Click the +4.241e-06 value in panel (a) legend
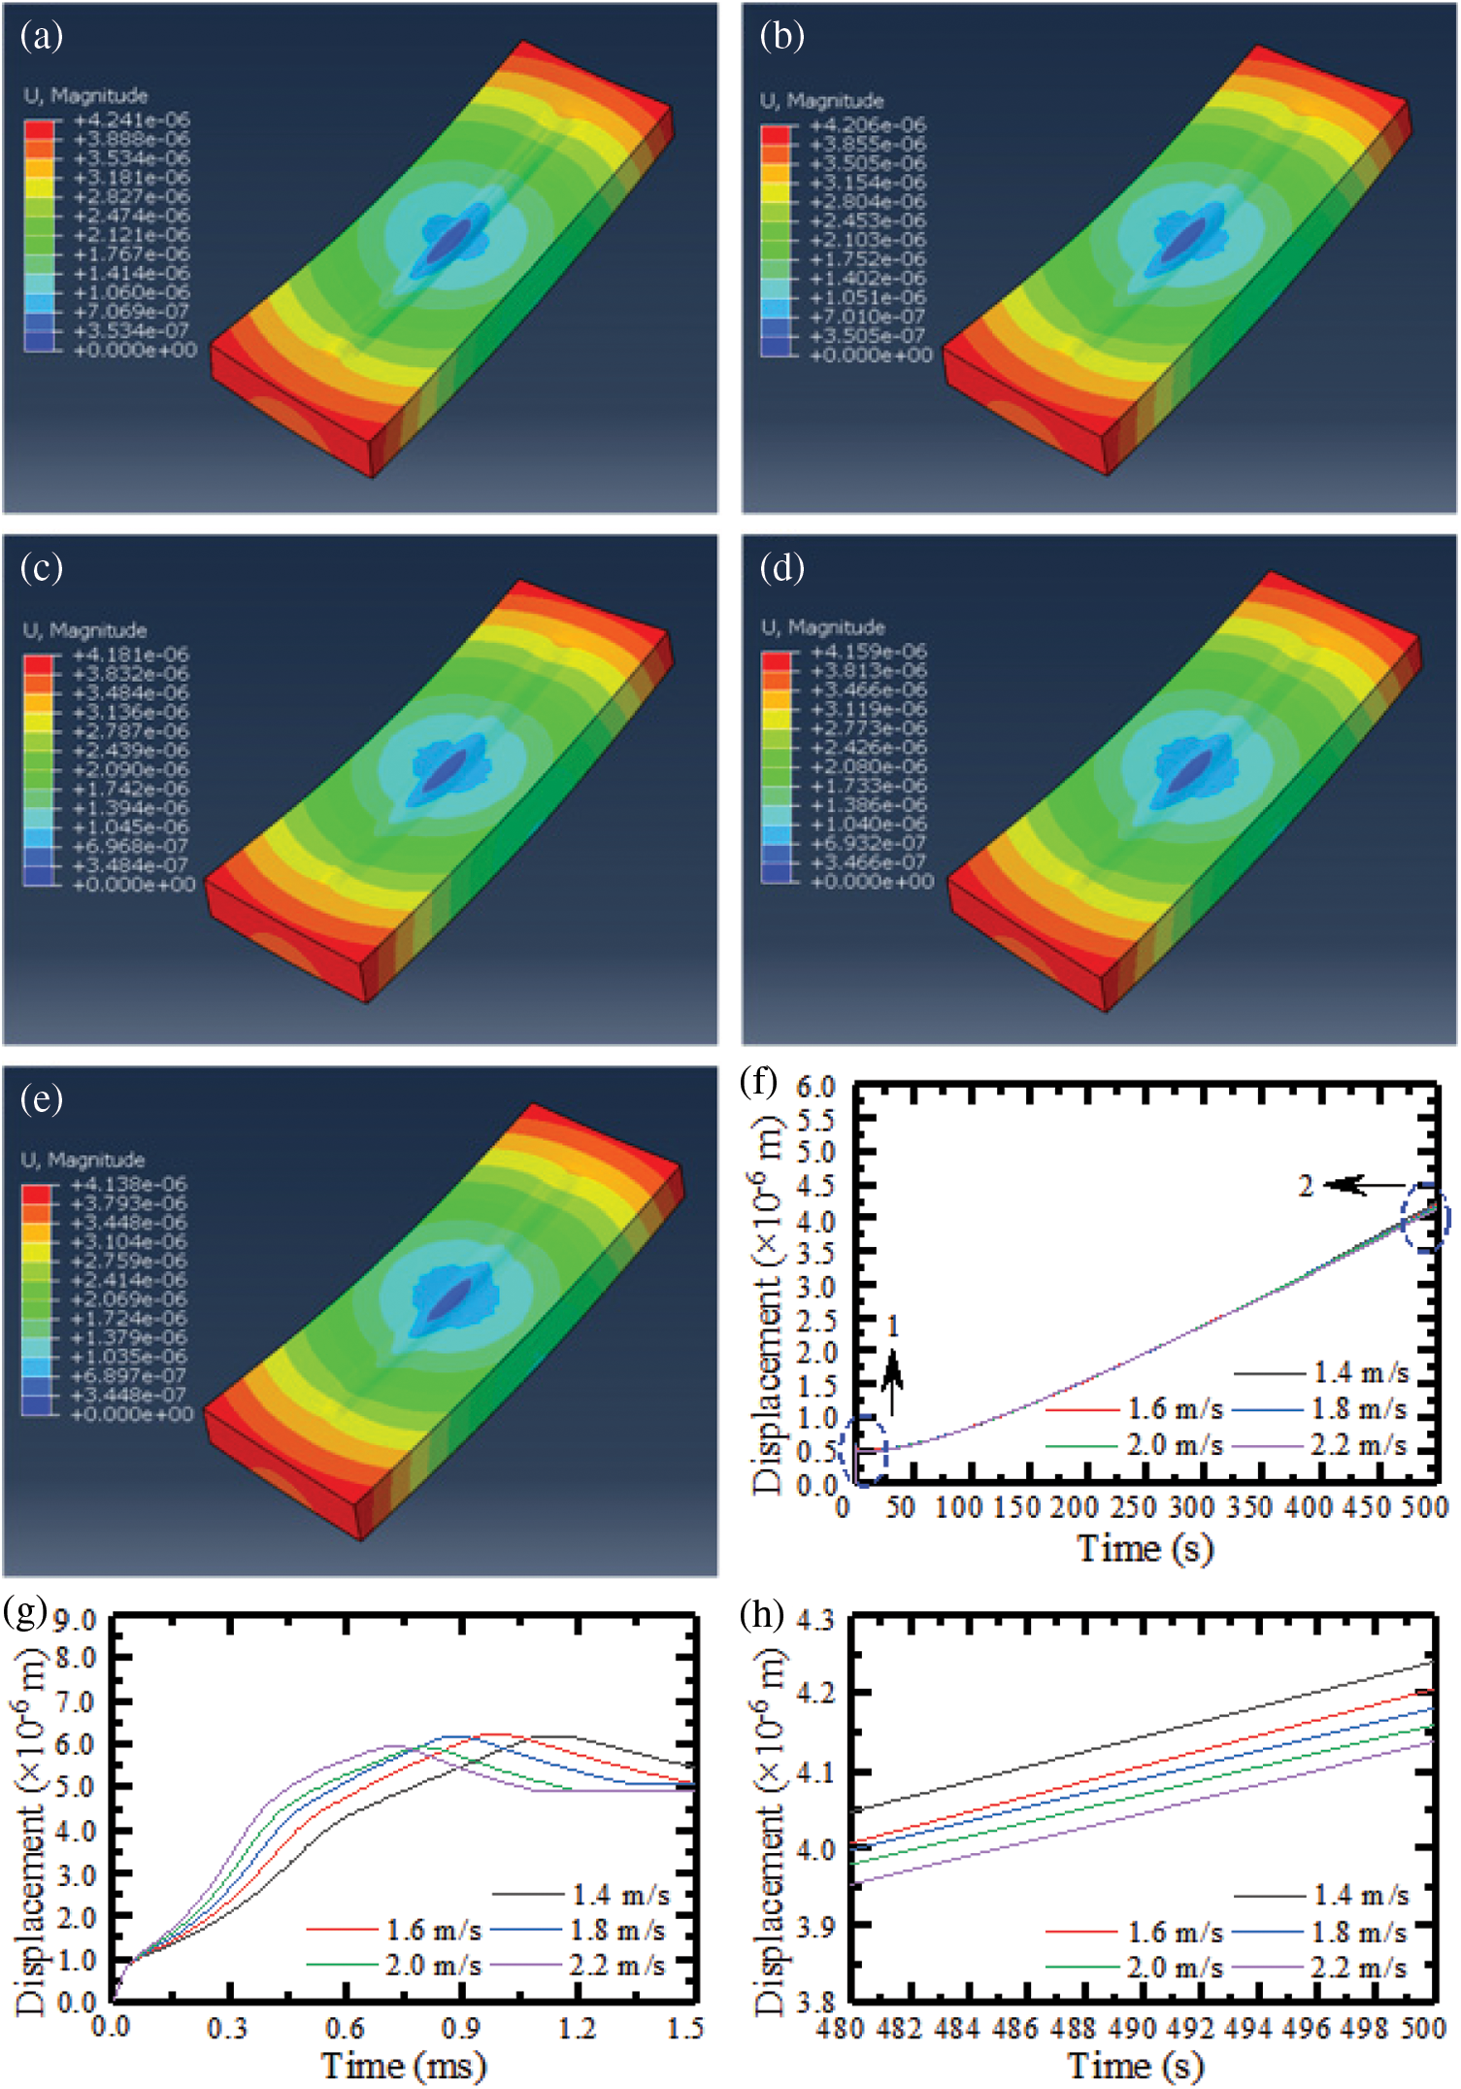click(132, 120)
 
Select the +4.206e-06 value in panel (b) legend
click(868, 125)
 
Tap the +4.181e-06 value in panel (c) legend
click(131, 655)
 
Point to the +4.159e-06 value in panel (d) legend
click(869, 651)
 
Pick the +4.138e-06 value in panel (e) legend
click(129, 1184)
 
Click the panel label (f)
click(758, 1082)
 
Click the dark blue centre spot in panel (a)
click(448, 241)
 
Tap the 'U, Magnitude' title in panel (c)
click(85, 630)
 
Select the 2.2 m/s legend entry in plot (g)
click(616, 1966)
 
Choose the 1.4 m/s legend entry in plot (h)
click(1360, 1894)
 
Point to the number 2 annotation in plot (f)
click(1306, 1186)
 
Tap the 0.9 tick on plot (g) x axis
click(461, 2028)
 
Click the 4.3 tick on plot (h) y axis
click(815, 1620)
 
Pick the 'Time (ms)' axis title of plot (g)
click(403, 2065)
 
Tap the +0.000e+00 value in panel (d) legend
click(871, 882)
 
